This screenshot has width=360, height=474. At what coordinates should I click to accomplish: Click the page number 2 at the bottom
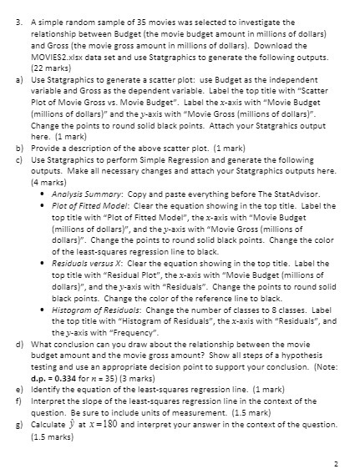[334, 461]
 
